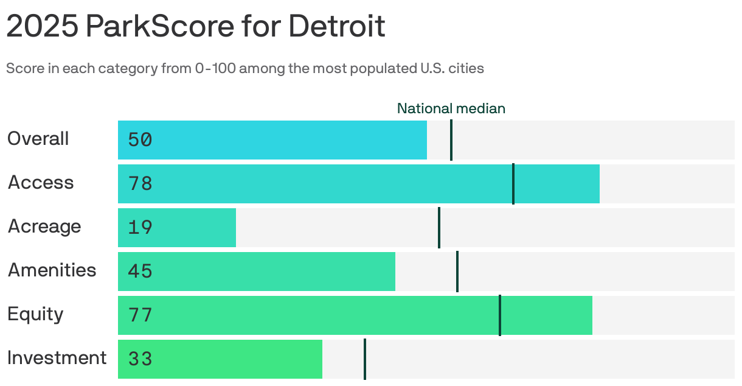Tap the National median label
tap(451, 108)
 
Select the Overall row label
tap(38, 139)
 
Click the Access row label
tap(41, 183)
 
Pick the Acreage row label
tap(44, 226)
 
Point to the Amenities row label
tap(52, 270)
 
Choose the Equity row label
tap(35, 314)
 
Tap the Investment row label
tap(57, 358)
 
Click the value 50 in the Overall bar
tap(140, 140)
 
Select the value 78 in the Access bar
tap(140, 184)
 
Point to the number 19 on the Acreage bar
tap(140, 228)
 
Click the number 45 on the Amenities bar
tap(140, 272)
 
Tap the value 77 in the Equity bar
tap(140, 315)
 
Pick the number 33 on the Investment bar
tap(140, 359)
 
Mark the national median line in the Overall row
tap(451, 140)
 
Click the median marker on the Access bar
tap(513, 184)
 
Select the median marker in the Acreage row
tap(439, 228)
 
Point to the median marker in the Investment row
tap(365, 359)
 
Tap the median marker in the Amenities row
tap(457, 272)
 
